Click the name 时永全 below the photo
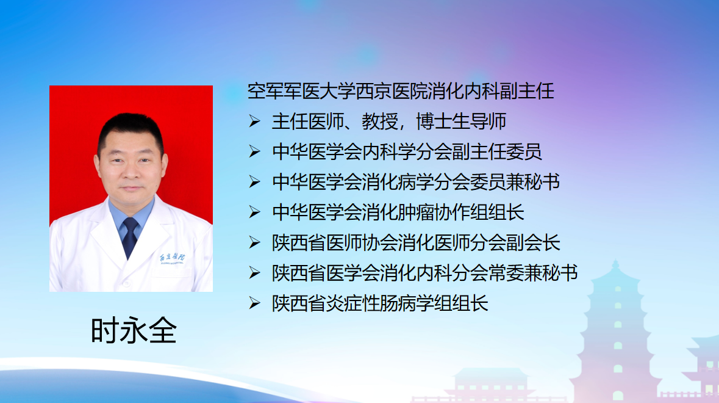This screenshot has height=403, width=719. tap(134, 330)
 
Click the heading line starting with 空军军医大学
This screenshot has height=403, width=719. tap(401, 92)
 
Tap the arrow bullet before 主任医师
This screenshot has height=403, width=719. tap(254, 121)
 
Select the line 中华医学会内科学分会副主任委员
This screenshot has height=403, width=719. tap(407, 151)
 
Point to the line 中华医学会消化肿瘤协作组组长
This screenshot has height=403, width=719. tap(398, 212)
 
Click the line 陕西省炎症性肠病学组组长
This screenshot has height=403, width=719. tap(380, 303)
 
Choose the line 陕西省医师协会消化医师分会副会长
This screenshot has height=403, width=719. tap(416, 242)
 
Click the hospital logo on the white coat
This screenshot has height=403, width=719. tap(173, 259)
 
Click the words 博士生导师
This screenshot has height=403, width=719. tap(461, 122)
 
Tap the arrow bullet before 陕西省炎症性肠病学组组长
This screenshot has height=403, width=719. tap(254, 303)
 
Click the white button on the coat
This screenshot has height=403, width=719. tap(127, 284)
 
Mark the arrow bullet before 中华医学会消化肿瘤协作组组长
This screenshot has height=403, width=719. tap(254, 212)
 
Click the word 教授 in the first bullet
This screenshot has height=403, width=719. tap(380, 122)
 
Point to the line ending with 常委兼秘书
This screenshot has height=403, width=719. tap(424, 273)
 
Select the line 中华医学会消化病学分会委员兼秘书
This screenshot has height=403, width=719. tap(416, 182)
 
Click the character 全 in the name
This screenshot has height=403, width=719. tap(162, 330)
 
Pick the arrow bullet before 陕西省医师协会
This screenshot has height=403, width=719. tap(254, 242)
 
